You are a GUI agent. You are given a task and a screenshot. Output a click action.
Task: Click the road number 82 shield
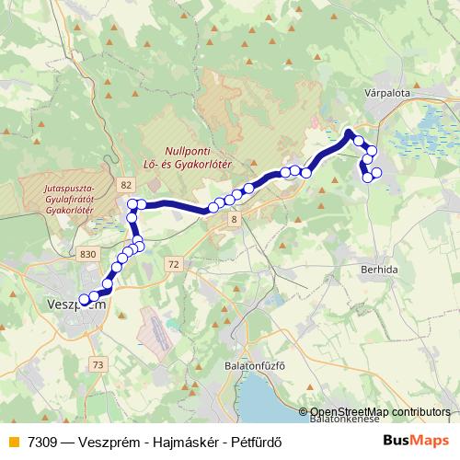pyautogui.click(x=125, y=185)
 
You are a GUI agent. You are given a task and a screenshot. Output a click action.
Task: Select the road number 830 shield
pyautogui.click(x=88, y=253)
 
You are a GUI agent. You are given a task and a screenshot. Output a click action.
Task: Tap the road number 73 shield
pyautogui.click(x=98, y=365)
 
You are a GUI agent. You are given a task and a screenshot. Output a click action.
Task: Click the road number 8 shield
pyautogui.click(x=235, y=219)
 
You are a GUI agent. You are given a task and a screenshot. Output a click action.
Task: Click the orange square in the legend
pyautogui.click(x=11, y=441)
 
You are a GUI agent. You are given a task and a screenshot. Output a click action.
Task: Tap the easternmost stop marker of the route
pyautogui.click(x=376, y=172)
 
